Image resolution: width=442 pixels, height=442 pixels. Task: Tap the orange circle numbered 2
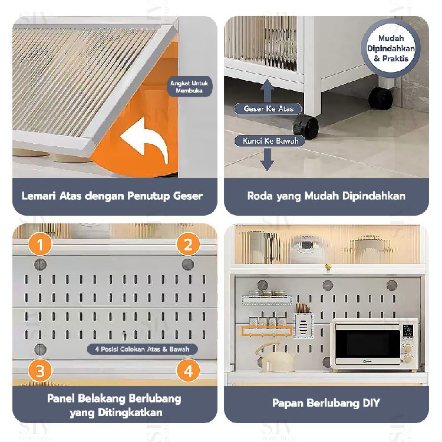coord(188,244)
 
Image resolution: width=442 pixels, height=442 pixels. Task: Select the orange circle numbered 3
coord(41,371)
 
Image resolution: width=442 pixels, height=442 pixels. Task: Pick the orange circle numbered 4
coord(188,371)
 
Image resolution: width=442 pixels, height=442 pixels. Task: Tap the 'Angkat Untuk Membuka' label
coord(189,87)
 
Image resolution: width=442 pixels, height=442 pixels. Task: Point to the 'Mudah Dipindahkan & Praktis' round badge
coord(391,48)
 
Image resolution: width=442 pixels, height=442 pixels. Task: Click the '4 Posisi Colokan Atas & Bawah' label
coord(143,349)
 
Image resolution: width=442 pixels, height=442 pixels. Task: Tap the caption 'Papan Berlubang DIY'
coord(326,403)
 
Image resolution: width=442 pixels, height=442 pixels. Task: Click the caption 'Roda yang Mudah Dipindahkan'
coord(326,196)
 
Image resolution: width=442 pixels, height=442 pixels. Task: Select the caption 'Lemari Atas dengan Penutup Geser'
coord(112,196)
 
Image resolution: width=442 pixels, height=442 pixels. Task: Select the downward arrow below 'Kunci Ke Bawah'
coord(267,160)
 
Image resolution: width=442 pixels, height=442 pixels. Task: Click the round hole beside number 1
coord(41,264)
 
